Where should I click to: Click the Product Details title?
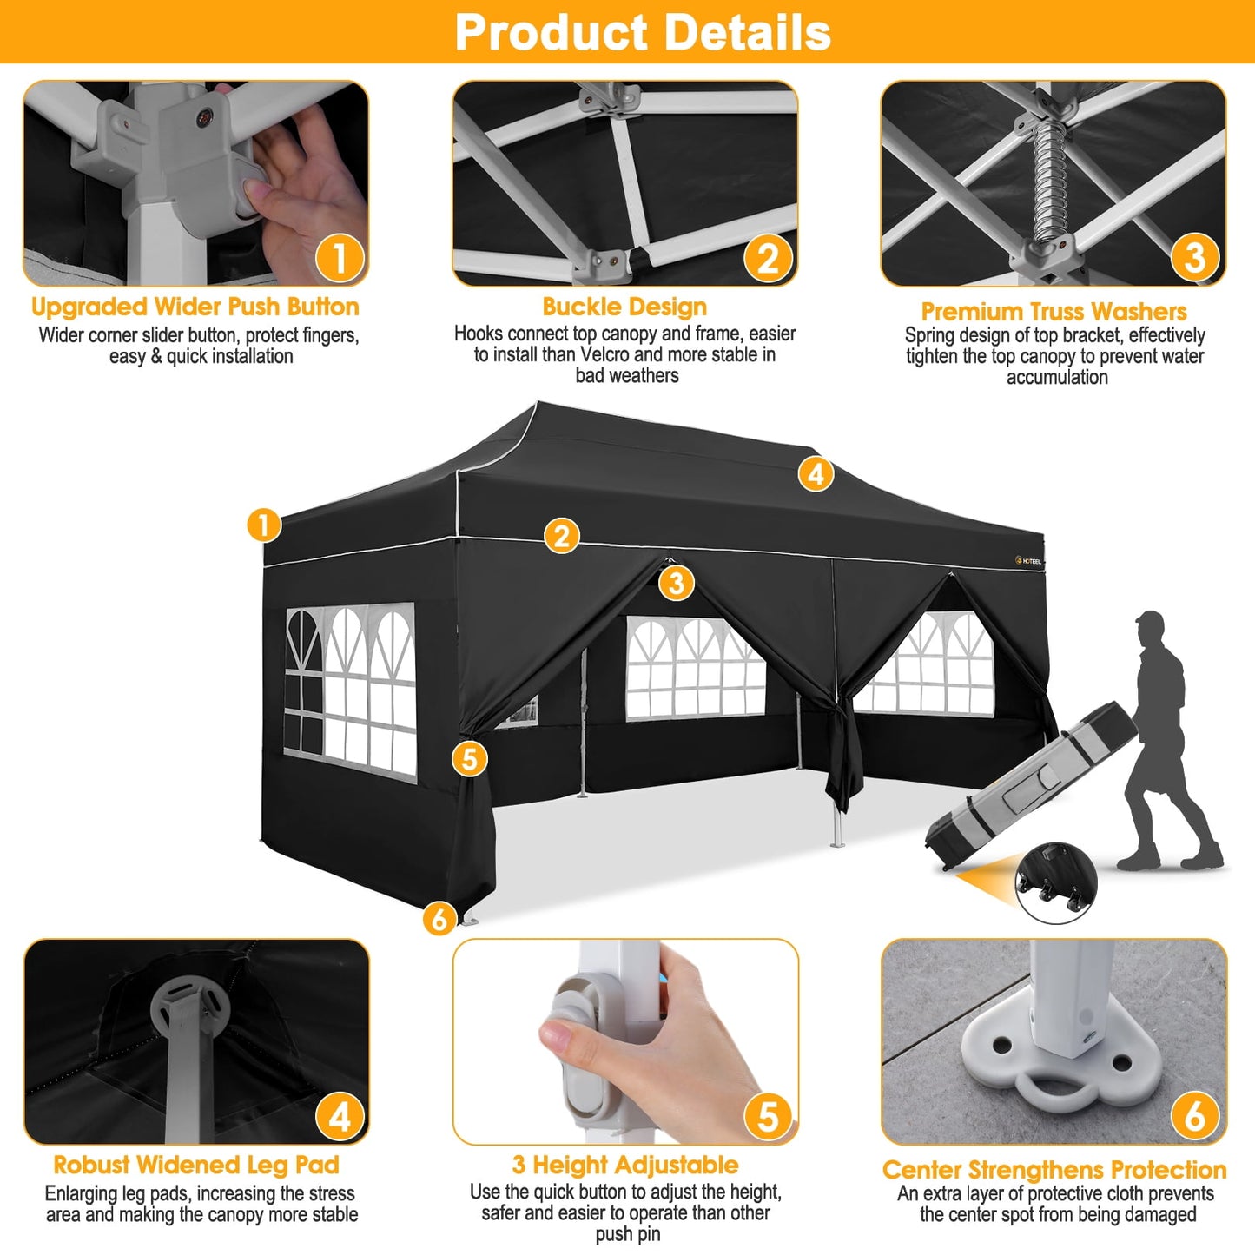tap(643, 32)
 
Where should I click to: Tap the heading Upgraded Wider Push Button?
tap(195, 307)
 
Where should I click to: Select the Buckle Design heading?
tap(624, 307)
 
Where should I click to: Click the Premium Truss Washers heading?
tap(1054, 312)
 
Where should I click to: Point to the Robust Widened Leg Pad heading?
tap(196, 1165)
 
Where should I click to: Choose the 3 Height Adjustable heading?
tap(625, 1165)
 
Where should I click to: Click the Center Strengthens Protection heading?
tap(1054, 1170)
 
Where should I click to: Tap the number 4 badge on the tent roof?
tap(816, 474)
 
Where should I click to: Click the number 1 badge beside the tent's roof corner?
tap(264, 525)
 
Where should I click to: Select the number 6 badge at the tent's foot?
tap(439, 918)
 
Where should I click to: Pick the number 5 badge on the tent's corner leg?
tap(469, 758)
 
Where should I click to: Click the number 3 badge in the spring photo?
tap(1194, 257)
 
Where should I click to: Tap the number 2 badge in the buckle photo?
tap(768, 258)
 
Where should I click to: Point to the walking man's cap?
tap(1148, 620)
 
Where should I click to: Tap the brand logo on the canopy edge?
tap(1028, 561)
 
